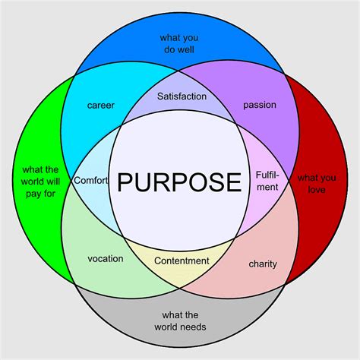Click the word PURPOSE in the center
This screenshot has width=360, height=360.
click(x=180, y=182)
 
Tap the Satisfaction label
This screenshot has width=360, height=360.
click(x=181, y=96)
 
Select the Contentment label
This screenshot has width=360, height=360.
click(x=182, y=261)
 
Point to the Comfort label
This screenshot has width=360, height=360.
click(x=92, y=180)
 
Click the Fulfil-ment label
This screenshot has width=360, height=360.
click(x=267, y=180)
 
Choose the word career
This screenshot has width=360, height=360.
click(x=101, y=105)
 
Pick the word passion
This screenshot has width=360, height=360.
click(x=260, y=105)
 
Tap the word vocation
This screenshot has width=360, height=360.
click(x=105, y=258)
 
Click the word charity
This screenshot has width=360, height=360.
click(x=263, y=264)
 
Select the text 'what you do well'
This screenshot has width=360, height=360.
click(x=180, y=43)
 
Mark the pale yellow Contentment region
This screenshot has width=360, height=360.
click(x=181, y=272)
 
